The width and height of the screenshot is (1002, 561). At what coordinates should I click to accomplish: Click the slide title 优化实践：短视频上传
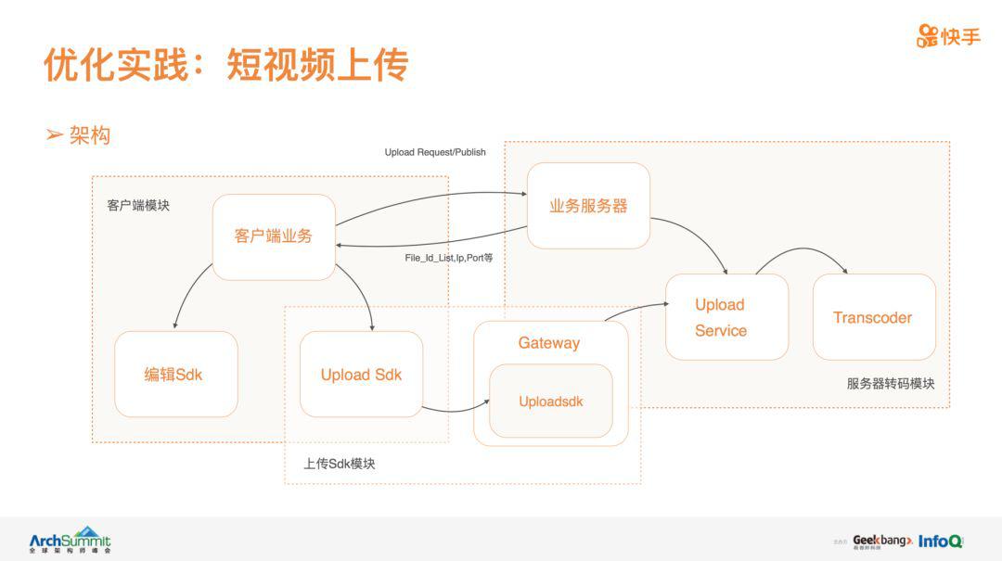coord(225,64)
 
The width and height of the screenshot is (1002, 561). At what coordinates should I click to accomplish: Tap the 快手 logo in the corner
coord(948,36)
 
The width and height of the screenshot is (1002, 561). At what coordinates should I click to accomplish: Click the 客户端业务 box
coord(274,236)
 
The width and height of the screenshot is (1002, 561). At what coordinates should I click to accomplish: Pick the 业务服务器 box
coord(588,206)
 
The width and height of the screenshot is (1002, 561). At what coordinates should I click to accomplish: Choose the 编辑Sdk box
coord(175,375)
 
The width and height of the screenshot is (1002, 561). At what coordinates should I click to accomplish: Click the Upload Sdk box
coord(361,375)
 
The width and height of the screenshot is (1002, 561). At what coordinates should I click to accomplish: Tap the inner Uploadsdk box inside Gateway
coord(551,402)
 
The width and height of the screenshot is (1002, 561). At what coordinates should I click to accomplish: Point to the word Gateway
coord(549,343)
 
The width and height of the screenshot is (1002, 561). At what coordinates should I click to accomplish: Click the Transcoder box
coord(873,317)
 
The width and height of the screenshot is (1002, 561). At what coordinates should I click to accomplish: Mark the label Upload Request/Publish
coord(435,152)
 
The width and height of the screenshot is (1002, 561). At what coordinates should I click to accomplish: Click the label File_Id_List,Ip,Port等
coord(448,257)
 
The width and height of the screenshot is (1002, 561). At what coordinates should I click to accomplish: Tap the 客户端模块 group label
coord(138,205)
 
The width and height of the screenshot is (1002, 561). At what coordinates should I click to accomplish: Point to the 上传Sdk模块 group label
coord(340,464)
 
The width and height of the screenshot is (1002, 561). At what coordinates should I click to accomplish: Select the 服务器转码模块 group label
coord(891,383)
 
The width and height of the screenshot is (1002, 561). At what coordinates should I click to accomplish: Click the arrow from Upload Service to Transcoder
coord(803,252)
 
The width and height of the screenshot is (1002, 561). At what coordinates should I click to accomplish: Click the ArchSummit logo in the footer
coord(70,540)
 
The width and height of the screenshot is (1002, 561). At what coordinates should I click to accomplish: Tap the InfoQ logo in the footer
coord(941,541)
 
